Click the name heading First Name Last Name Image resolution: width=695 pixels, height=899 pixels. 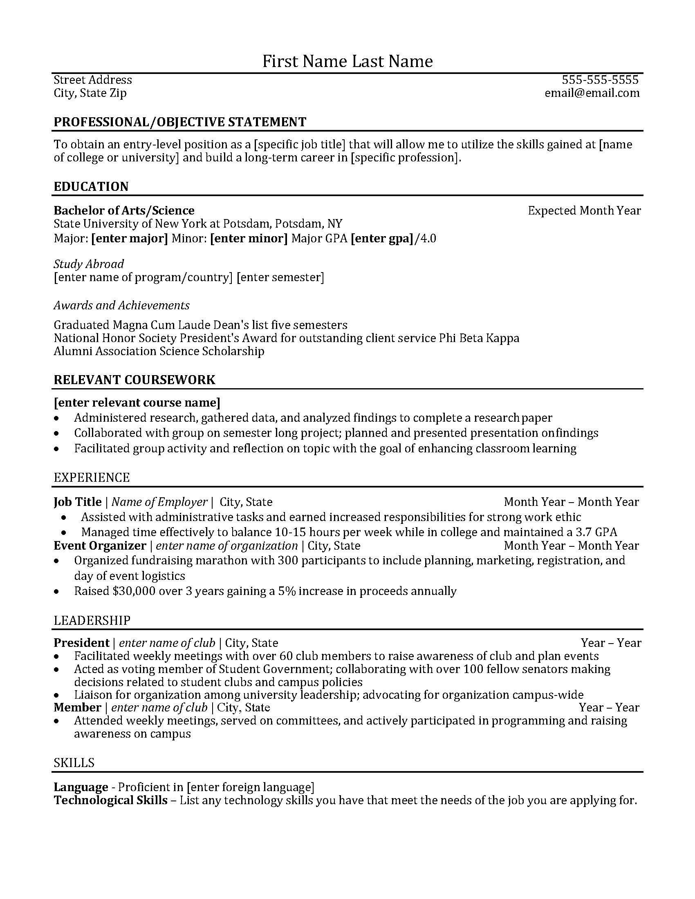click(347, 61)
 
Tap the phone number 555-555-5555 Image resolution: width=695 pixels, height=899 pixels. click(600, 79)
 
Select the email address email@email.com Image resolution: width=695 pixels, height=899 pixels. click(592, 93)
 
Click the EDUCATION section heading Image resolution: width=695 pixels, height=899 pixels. click(91, 186)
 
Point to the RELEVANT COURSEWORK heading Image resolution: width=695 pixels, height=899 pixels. click(134, 380)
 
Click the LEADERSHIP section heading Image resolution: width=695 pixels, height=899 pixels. click(92, 620)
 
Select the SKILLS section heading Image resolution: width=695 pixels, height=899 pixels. click(74, 763)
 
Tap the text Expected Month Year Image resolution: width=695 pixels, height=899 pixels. click(584, 211)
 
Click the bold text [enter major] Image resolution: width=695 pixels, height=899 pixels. click(129, 238)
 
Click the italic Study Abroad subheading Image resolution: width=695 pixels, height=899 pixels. click(89, 264)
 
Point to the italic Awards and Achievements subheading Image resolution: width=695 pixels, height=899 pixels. click(121, 305)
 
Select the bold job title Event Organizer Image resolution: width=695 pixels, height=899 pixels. click(100, 546)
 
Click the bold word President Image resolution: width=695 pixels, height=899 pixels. click(81, 643)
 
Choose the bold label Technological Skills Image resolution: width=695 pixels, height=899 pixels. click(110, 800)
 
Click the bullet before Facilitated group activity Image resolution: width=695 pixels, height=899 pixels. click(56, 449)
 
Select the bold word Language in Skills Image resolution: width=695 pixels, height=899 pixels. click(81, 787)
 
